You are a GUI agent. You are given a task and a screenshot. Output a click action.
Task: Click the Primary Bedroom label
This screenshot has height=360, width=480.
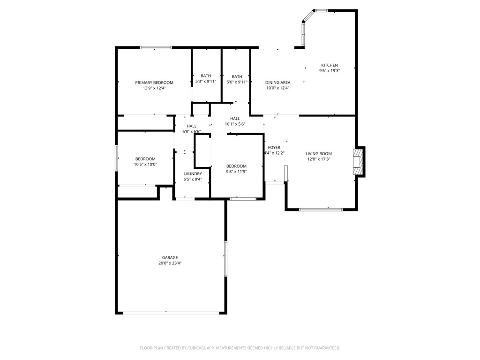point(154,82)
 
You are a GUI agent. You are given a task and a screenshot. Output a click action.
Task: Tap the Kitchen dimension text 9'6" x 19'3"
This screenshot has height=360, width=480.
point(329,71)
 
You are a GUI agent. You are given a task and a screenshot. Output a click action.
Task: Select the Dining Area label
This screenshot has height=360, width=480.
point(277,82)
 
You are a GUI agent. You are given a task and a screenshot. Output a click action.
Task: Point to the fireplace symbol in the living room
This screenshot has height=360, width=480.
point(359,162)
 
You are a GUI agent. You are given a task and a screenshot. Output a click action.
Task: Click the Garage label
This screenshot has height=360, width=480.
point(170,257)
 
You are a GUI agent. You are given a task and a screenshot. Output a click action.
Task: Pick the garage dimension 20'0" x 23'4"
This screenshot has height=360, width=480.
point(170,263)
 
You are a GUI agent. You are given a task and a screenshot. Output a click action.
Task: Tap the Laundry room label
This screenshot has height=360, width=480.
point(193,174)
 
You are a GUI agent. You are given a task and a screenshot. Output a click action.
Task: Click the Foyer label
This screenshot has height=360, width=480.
point(274,148)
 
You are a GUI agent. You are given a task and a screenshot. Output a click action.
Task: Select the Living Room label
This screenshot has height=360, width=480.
point(319,154)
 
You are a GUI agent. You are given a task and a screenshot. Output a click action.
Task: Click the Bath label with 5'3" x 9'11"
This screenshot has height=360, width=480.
point(206,76)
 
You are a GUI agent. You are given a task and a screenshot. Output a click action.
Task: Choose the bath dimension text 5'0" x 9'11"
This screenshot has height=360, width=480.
point(237,82)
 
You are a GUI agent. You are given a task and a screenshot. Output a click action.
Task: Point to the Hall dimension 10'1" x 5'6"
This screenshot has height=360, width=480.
point(235,124)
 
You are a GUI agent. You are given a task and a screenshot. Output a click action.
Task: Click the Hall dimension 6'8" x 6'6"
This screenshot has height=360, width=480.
point(192,132)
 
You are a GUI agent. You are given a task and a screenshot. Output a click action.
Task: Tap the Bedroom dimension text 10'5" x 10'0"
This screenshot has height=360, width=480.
point(146,165)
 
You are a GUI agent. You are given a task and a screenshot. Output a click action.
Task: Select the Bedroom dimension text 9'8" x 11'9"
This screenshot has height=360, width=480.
point(236,172)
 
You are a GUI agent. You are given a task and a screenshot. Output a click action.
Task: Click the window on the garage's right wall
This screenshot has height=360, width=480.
point(225,258)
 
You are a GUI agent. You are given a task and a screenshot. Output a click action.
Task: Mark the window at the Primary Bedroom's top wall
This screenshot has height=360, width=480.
point(156,47)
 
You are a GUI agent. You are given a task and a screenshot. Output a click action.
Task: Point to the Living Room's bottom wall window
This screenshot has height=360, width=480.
point(321,209)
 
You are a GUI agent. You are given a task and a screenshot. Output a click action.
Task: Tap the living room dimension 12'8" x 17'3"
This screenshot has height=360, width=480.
point(319,159)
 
